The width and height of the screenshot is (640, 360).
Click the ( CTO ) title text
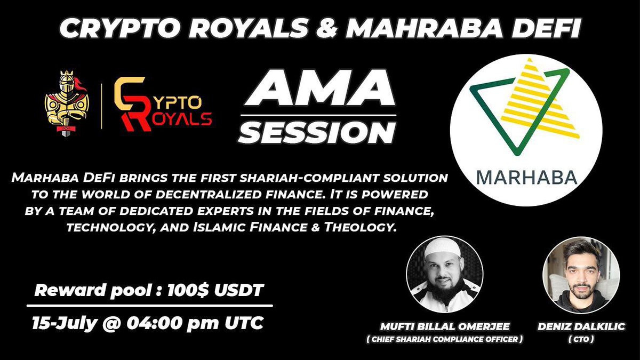coord(581,339)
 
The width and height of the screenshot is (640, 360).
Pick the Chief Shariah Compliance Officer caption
coord(444,339)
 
